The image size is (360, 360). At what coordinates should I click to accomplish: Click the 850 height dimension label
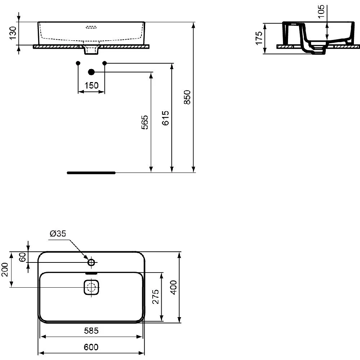pyautogui.click(x=187, y=97)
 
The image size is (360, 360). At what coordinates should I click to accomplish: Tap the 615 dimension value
pyautogui.click(x=165, y=118)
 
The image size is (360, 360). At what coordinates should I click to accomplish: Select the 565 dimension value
pyautogui.click(x=145, y=123)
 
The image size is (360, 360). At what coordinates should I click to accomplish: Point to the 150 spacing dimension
pyautogui.click(x=91, y=85)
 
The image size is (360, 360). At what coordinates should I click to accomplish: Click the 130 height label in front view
pyautogui.click(x=13, y=33)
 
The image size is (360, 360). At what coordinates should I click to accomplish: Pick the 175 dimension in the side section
pyautogui.click(x=259, y=38)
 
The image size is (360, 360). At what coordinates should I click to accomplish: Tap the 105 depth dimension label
pyautogui.click(x=321, y=11)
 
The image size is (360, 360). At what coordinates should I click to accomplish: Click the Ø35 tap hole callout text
pyautogui.click(x=58, y=234)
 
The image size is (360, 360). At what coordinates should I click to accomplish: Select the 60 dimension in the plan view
pyautogui.click(x=22, y=257)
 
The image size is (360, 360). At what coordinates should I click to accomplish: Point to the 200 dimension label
pyautogui.click(x=5, y=269)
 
